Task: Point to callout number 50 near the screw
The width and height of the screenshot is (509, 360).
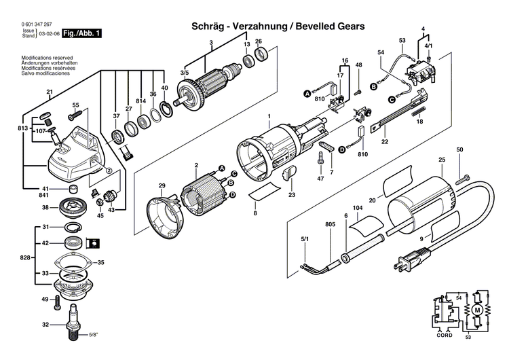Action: tap(459, 149)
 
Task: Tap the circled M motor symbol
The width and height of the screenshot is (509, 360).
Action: tap(476, 310)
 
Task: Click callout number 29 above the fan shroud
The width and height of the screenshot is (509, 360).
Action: tap(162, 185)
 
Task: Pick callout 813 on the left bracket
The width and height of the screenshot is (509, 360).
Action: tap(23, 128)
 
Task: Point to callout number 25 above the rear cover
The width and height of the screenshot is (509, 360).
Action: tap(442, 162)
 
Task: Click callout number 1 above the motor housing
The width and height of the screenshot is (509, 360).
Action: tap(269, 117)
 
